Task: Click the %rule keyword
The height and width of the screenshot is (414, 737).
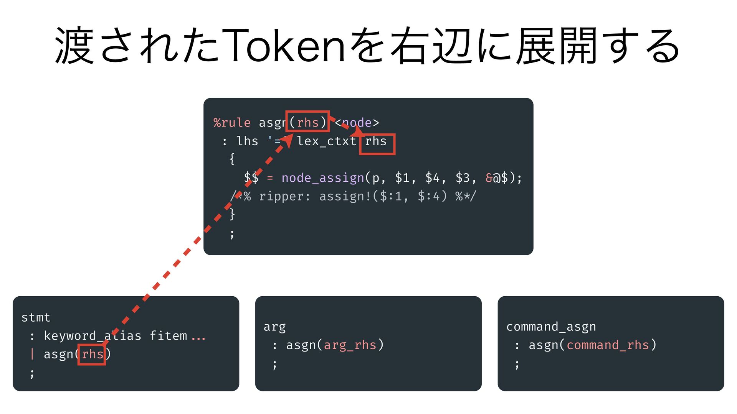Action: [x=232, y=123]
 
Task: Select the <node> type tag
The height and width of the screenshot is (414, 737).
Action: [x=357, y=123]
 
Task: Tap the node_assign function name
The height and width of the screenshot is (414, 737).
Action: [x=322, y=178]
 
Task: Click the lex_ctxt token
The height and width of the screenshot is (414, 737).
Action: [x=327, y=141]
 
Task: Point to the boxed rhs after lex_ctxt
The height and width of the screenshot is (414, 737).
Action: [x=376, y=142]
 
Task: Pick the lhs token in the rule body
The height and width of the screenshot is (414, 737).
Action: [x=247, y=141]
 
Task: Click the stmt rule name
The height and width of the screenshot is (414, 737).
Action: [x=36, y=317]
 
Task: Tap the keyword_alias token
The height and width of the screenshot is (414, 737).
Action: [x=92, y=336]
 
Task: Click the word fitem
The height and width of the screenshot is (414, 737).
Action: [x=168, y=336]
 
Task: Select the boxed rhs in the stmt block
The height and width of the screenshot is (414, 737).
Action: [x=92, y=354]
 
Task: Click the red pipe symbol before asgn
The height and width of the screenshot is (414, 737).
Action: [x=32, y=354]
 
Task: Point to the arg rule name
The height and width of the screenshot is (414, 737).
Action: [x=274, y=327]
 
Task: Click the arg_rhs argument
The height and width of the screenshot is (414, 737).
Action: [x=350, y=345]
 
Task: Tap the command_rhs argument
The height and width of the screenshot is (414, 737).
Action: [x=607, y=345]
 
